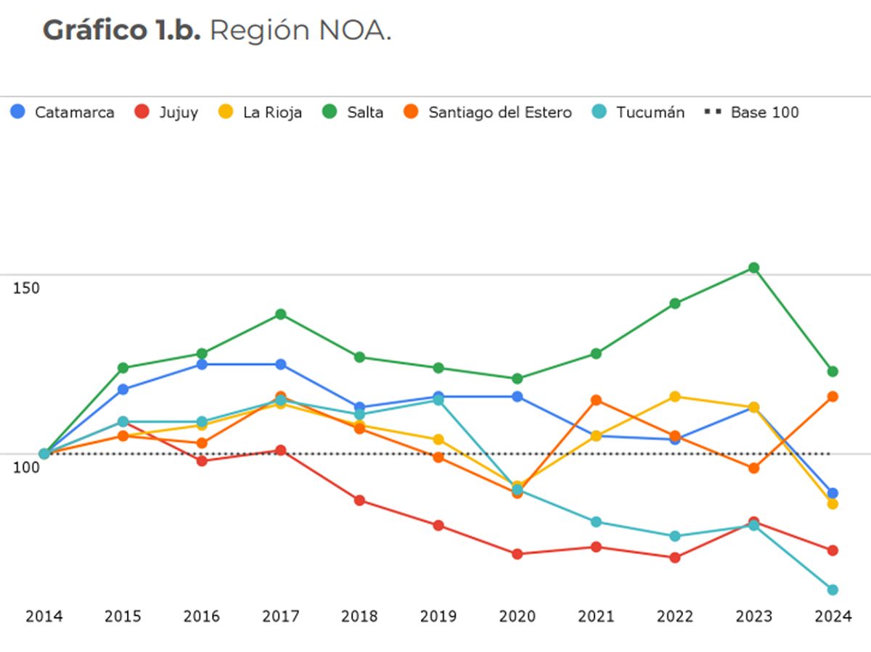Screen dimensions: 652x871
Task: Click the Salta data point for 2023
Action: coord(753,268)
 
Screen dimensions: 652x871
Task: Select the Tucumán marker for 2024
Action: coord(833,590)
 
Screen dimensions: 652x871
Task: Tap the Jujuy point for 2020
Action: coord(517,554)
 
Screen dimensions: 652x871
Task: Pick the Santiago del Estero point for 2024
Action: coord(833,397)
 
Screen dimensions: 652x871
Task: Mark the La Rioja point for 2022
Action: coord(675,397)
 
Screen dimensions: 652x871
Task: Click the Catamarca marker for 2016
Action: coord(202,364)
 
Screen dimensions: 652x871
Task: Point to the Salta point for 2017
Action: coord(281,314)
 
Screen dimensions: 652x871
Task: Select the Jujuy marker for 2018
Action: coord(359,500)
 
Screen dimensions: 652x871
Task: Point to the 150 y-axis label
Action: coord(27,287)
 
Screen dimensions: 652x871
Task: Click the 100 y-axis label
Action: coord(27,466)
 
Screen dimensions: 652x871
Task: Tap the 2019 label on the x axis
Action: coord(438,616)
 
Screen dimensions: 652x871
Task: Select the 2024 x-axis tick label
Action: coord(833,616)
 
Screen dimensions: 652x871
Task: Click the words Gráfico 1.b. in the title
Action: coord(121,31)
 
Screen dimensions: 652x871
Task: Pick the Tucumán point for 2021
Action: coord(596,522)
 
